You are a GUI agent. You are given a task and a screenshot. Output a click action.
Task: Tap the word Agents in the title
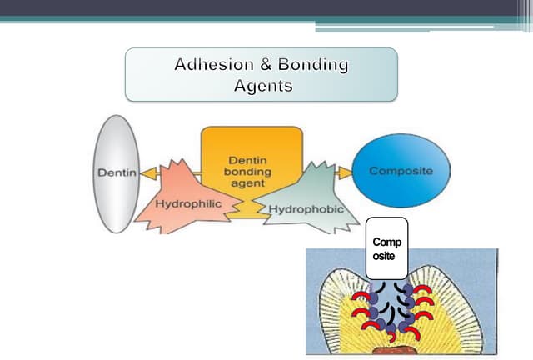(262, 85)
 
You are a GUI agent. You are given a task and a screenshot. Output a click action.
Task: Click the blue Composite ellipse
(401, 171)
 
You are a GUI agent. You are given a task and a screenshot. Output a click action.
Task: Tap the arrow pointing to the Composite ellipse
(343, 172)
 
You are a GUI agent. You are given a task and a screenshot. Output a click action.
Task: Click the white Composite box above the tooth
(386, 248)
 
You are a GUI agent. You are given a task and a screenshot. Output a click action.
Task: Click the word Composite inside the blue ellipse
(401, 171)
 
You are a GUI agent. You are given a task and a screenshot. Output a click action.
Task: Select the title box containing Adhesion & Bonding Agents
(261, 74)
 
